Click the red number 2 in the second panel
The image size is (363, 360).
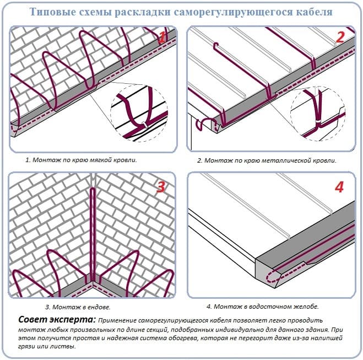[x=340, y=37]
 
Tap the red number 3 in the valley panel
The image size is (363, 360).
[x=161, y=187]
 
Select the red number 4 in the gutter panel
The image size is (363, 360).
[x=339, y=187]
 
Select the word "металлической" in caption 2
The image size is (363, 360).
[x=285, y=161]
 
